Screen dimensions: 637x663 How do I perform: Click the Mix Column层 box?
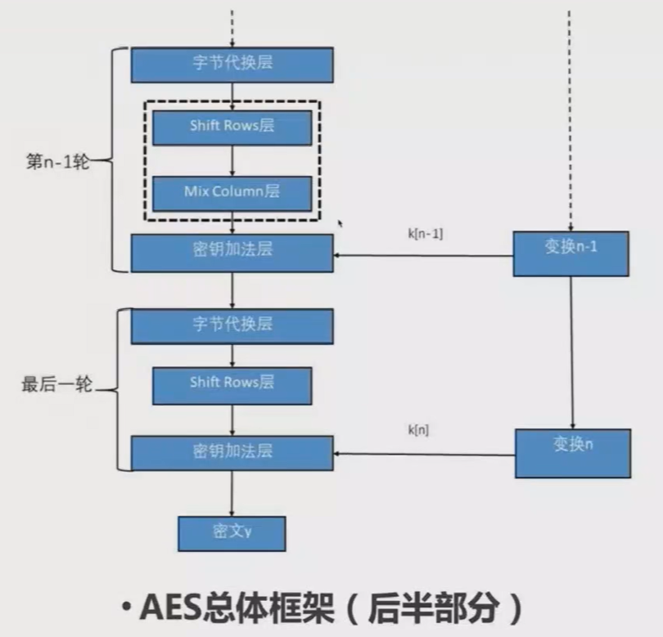(x=232, y=192)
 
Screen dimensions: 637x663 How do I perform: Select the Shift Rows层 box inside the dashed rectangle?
(x=232, y=127)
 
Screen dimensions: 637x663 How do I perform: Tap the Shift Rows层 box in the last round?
(x=232, y=384)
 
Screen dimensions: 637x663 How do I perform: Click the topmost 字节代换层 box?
(x=232, y=65)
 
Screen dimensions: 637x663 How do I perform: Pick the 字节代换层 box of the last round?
(x=232, y=325)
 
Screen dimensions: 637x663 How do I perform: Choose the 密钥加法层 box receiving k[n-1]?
(x=232, y=252)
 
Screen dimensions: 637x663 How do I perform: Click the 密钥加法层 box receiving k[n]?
(x=232, y=453)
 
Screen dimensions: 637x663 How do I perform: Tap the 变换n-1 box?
(x=571, y=253)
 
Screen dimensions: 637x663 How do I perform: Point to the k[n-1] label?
(x=425, y=233)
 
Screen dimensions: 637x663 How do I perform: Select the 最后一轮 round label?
(x=56, y=384)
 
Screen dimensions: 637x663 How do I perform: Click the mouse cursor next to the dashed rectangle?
(x=341, y=222)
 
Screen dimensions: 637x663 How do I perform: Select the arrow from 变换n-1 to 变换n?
(x=571, y=352)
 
